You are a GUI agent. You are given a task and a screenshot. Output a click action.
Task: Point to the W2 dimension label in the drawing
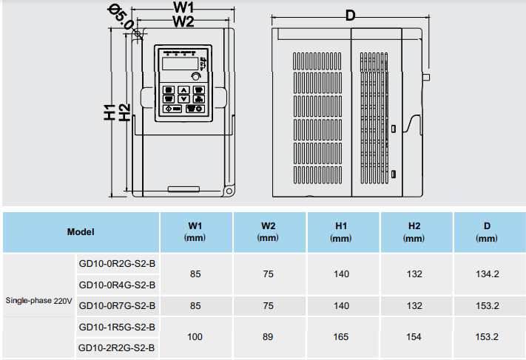click(x=183, y=21)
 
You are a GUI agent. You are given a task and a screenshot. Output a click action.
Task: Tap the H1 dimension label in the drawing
click(x=110, y=112)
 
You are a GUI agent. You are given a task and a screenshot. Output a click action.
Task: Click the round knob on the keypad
click(x=196, y=76)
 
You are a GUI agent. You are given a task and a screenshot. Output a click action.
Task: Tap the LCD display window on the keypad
click(x=175, y=65)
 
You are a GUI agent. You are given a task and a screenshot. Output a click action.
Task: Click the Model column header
click(x=81, y=231)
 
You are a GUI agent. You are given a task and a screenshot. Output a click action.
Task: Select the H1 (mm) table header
click(x=341, y=231)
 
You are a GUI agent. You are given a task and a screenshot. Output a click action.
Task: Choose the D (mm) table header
click(x=487, y=231)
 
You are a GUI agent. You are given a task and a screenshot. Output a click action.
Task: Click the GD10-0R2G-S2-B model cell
click(x=117, y=264)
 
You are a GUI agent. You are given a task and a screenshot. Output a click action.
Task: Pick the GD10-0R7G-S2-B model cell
click(x=117, y=305)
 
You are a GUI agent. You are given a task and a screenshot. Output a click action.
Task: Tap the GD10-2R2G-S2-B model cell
click(x=117, y=347)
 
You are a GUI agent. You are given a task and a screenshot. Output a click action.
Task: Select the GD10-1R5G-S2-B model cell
click(x=117, y=327)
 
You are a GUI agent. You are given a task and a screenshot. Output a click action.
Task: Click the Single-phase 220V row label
click(x=39, y=302)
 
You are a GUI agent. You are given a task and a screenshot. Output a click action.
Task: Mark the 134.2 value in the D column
click(x=487, y=274)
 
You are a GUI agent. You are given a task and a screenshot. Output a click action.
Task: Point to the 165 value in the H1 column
click(x=341, y=337)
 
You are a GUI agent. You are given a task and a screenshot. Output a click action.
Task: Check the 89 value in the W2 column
click(x=268, y=337)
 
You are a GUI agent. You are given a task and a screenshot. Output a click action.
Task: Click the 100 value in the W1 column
click(x=195, y=337)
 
